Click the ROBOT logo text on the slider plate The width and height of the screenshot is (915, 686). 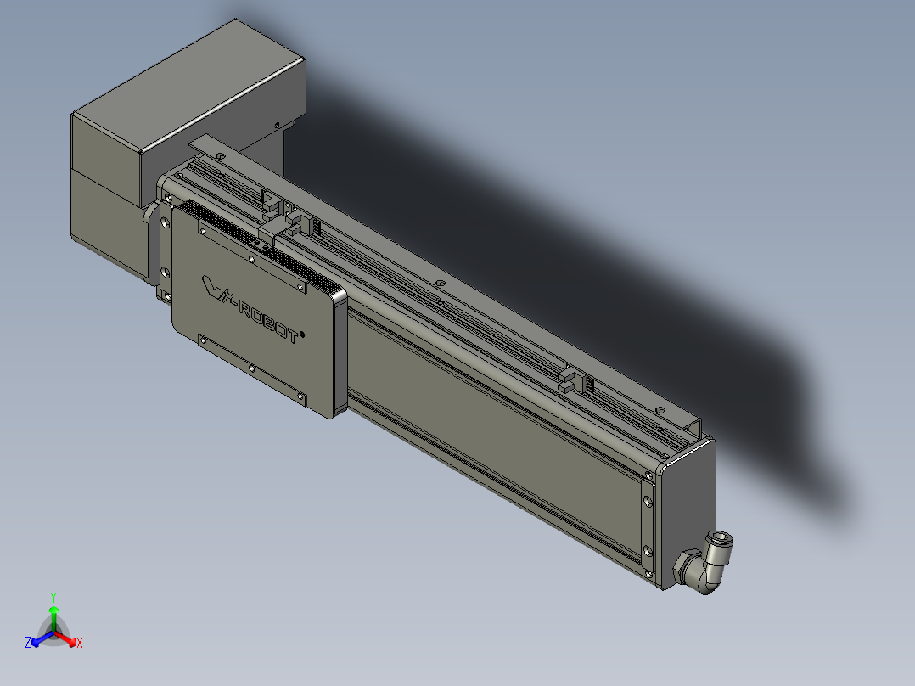tap(265, 319)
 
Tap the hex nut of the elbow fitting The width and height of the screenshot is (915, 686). tap(684, 567)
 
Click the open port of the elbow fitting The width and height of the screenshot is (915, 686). tap(722, 538)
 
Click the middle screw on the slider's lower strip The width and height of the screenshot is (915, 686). tap(252, 368)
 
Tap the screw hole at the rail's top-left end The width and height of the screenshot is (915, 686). tap(220, 156)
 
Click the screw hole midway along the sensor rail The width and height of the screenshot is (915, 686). tap(439, 283)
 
